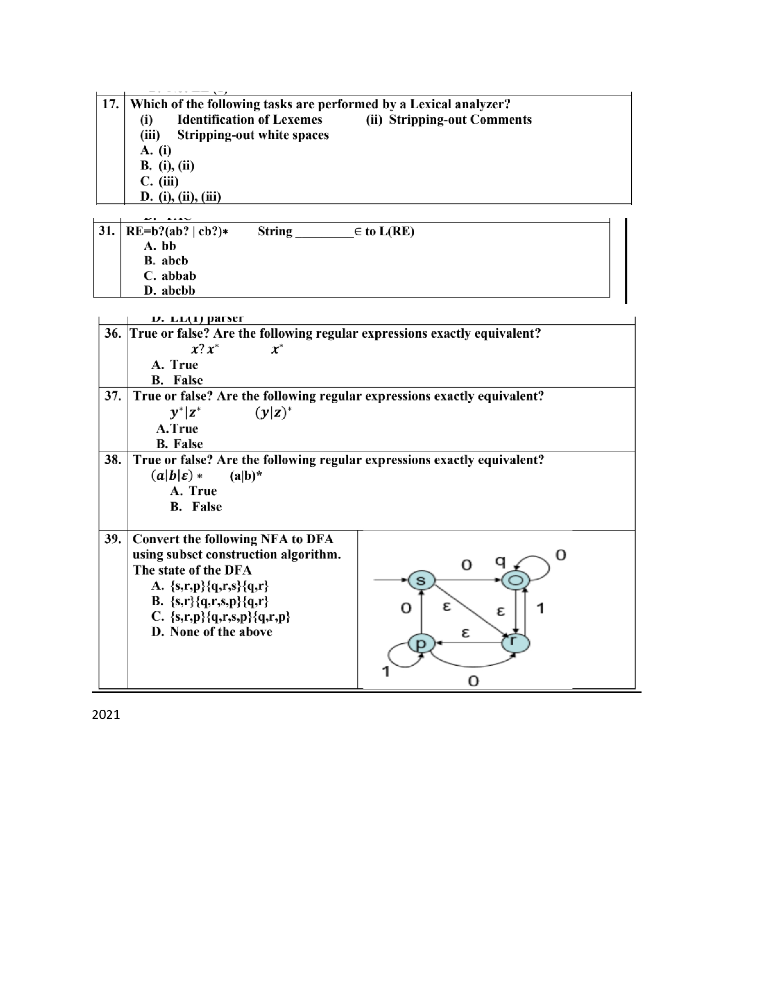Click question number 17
[x=110, y=104]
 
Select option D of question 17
[x=181, y=197]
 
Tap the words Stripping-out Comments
[x=460, y=120]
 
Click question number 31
[x=107, y=231]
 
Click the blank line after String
[x=324, y=232]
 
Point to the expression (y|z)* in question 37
[x=274, y=412]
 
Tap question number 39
[x=113, y=539]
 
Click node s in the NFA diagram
[x=421, y=580]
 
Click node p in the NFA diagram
[x=421, y=643]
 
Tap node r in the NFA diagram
[x=515, y=643]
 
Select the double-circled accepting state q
[x=515, y=580]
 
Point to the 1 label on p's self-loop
[x=386, y=671]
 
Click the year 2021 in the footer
[x=106, y=714]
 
